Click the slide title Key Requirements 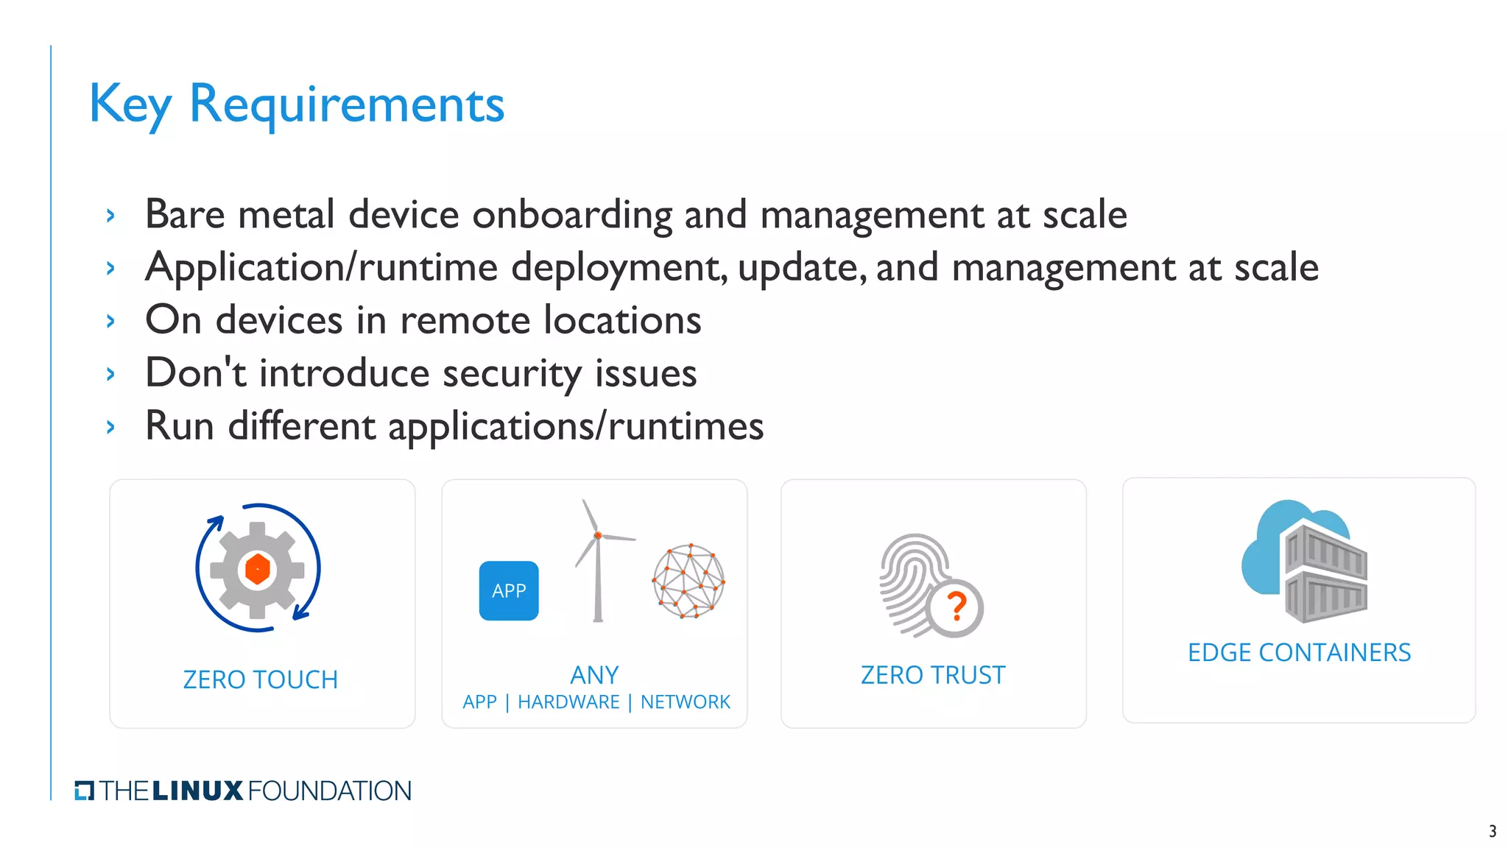click(x=296, y=105)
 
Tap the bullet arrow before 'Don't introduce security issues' click(x=110, y=375)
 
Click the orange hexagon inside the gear click(x=258, y=569)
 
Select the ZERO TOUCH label click(x=261, y=679)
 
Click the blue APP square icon click(x=509, y=591)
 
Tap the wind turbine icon click(x=598, y=562)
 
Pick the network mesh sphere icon click(x=688, y=582)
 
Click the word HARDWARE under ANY click(x=568, y=702)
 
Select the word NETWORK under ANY click(x=685, y=702)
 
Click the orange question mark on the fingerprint click(x=956, y=607)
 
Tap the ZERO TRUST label click(x=933, y=675)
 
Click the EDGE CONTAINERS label click(x=1299, y=653)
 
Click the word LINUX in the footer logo click(x=198, y=791)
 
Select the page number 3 click(x=1493, y=831)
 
